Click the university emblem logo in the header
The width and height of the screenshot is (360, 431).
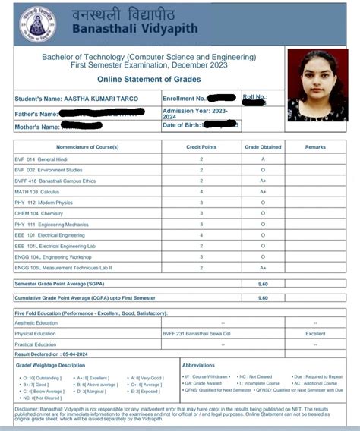click(31, 22)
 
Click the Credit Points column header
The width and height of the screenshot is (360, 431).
click(201, 146)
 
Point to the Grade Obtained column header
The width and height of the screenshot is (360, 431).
click(262, 146)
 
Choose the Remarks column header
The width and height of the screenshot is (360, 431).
click(315, 146)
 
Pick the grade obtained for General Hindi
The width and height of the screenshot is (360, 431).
click(262, 160)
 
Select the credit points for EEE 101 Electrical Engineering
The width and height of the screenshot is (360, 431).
click(201, 236)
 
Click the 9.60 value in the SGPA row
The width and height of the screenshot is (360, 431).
click(262, 282)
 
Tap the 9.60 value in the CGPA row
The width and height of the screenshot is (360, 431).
click(262, 298)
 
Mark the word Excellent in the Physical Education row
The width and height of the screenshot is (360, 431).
click(315, 333)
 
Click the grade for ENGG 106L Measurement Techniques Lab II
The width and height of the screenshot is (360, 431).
click(262, 269)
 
